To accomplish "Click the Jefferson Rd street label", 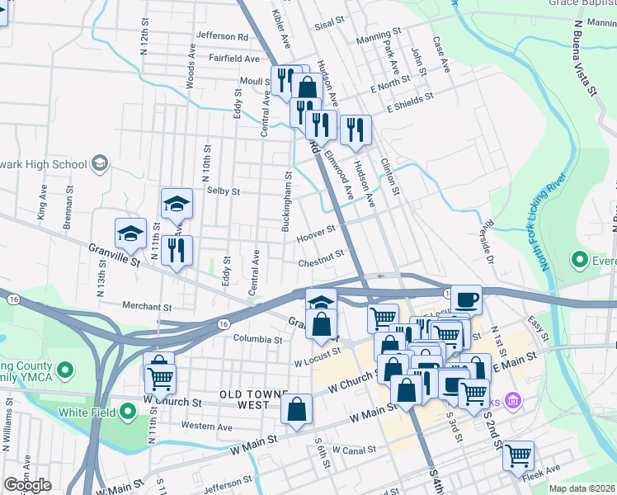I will [222, 36].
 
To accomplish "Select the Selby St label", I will [223, 191].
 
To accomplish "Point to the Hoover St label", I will [316, 238].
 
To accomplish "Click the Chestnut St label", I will [322, 259].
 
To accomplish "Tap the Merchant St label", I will [146, 305].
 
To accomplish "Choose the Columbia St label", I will [257, 339].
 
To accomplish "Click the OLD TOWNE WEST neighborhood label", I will [247, 400].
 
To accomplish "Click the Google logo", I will [27, 485].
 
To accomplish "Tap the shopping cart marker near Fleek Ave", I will [518, 454].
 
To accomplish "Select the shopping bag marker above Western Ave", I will [297, 408].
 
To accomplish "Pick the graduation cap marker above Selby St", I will [177, 203].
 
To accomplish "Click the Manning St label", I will [379, 40].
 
